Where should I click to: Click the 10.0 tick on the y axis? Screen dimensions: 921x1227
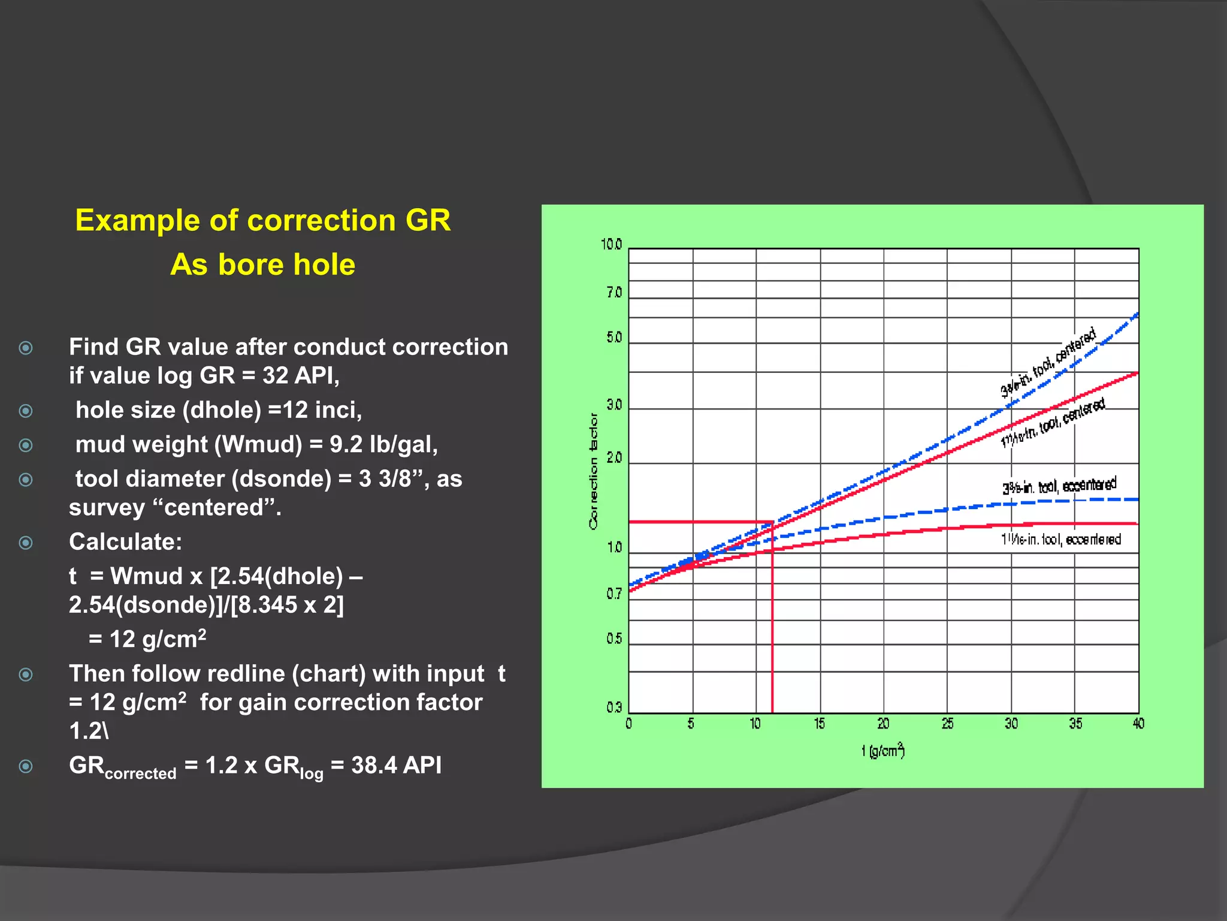612,245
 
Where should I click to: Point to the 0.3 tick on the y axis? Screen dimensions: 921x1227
614,708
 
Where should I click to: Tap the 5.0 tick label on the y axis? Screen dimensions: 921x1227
614,338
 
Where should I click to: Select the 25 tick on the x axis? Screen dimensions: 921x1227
947,724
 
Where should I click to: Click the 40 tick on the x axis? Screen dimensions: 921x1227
1138,724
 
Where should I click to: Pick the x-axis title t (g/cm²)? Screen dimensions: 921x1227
883,751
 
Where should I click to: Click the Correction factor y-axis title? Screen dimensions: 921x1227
593,471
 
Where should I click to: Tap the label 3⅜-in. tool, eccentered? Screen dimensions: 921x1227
1059,486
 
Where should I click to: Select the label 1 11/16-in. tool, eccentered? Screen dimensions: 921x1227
1060,540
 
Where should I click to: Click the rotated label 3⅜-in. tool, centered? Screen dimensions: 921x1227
1048,362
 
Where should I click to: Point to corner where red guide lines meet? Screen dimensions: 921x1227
772,522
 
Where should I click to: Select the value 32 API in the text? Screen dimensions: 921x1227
297,376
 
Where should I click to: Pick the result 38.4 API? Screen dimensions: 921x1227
396,765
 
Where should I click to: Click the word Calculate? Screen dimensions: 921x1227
125,541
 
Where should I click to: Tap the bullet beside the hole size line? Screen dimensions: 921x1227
26,411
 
